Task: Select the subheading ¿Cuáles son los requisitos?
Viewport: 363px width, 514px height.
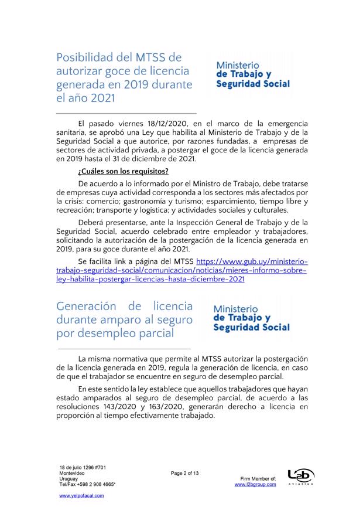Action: coord(124,171)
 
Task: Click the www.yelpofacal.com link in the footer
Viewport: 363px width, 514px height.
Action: coord(81,495)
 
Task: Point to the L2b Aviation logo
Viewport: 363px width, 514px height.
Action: coord(301,476)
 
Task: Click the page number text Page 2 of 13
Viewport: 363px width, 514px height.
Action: coord(185,473)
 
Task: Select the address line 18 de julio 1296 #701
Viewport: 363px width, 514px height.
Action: coord(83,467)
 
